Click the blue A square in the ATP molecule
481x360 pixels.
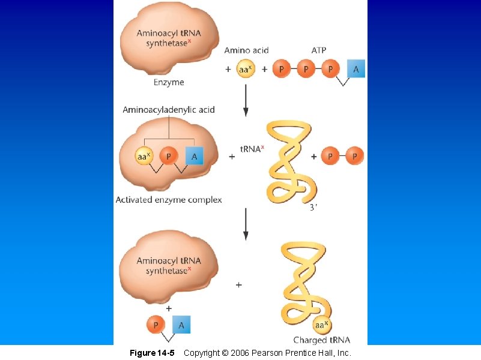pyautogui.click(x=355, y=69)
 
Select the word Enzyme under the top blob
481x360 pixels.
pyautogui.click(x=169, y=82)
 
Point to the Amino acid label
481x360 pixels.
pyautogui.click(x=246, y=50)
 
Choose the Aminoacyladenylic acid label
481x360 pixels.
pyautogui.click(x=169, y=110)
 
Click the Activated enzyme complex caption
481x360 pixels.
pyautogui.click(x=169, y=200)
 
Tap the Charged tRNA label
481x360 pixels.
pyautogui.click(x=322, y=340)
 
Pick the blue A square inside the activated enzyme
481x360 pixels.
pyautogui.click(x=194, y=157)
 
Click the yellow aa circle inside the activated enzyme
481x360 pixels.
pyautogui.click(x=144, y=157)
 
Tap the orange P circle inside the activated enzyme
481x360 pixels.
pyautogui.click(x=169, y=157)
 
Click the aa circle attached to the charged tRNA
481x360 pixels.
pyautogui.click(x=321, y=325)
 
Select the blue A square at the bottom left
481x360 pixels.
pyautogui.click(x=182, y=325)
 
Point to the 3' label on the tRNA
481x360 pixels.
pyautogui.click(x=313, y=208)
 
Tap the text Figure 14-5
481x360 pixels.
pyautogui.click(x=152, y=353)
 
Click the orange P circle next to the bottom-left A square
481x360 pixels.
pyautogui.click(x=156, y=325)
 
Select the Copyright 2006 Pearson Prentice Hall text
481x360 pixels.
pyautogui.click(x=267, y=353)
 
